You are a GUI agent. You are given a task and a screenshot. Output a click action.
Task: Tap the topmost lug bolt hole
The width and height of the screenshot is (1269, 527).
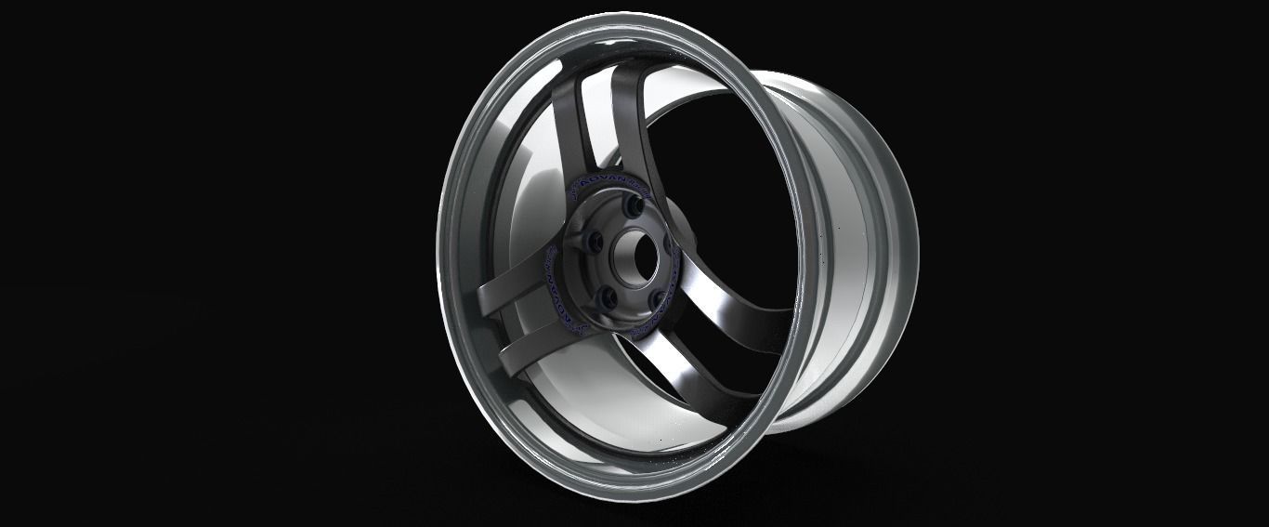pyautogui.click(x=634, y=210)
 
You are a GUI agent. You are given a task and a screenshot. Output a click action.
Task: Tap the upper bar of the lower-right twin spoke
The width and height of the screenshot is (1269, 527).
pyautogui.click(x=734, y=321)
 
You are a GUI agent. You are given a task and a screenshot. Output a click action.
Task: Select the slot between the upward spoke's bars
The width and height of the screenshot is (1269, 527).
pyautogui.click(x=595, y=121)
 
